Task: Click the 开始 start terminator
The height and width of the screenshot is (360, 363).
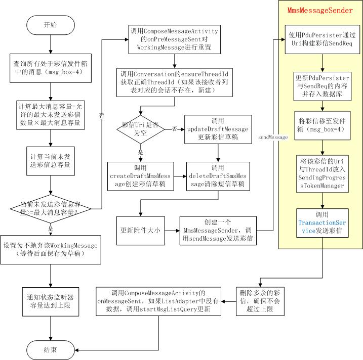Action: tap(51, 24)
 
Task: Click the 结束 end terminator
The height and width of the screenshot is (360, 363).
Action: tap(51, 349)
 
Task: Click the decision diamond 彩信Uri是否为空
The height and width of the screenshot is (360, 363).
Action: tap(141, 129)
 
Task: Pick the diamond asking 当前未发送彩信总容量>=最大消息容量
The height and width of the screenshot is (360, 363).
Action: tap(51, 208)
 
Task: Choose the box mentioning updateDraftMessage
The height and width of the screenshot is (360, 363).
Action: tap(218, 129)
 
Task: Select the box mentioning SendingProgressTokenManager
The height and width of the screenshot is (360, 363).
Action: tap(322, 174)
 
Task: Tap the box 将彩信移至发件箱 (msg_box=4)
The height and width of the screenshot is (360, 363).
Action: tap(322, 124)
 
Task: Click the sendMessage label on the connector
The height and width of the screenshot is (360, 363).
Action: tap(273, 137)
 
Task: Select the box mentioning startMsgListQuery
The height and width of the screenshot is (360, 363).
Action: tap(159, 301)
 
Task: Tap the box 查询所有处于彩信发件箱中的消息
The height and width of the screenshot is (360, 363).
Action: tap(51, 69)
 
